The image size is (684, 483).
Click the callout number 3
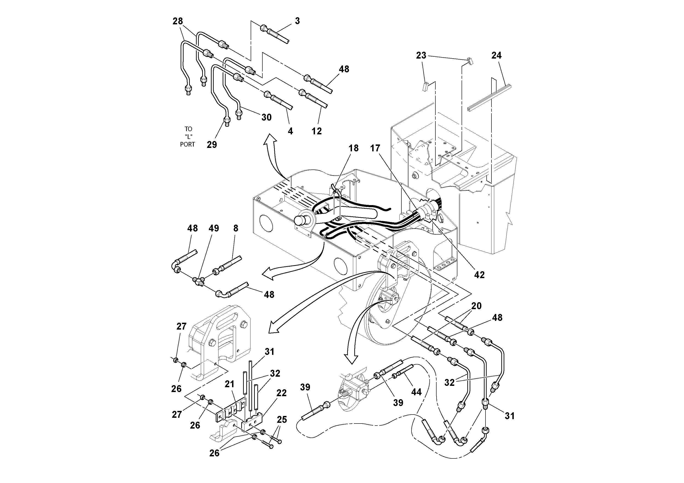pos(297,21)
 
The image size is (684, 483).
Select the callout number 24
pos(496,55)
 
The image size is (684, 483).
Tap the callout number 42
pos(479,275)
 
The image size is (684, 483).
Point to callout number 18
pos(354,148)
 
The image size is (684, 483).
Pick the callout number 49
pos(214,228)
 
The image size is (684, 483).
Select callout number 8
pos(236,228)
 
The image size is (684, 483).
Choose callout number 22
pos(281,393)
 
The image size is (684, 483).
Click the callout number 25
pos(282,420)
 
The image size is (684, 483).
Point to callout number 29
pos(212,145)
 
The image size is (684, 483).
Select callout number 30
pos(266,117)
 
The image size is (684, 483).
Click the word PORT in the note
pos(187,144)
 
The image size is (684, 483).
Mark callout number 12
pos(317,131)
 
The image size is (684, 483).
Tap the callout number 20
pos(476,306)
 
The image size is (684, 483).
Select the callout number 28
pos(178,21)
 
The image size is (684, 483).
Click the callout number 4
pos(290,131)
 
